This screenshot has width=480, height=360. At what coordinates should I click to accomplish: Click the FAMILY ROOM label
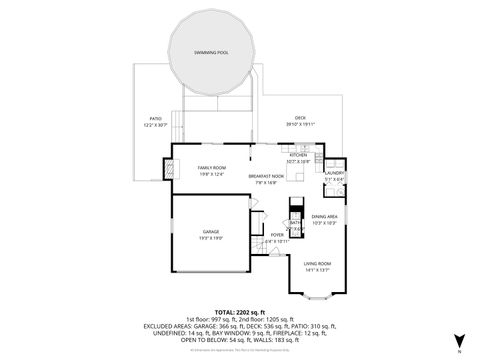coord(210,167)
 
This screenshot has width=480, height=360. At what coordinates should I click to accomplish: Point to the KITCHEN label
coord(299,156)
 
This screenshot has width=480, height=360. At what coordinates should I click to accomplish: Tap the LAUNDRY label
coord(334,173)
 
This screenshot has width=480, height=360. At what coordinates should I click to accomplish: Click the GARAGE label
coord(210,231)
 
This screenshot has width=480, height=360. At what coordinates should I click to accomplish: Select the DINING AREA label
coord(324,216)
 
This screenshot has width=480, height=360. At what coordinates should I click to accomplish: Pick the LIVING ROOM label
coord(317,263)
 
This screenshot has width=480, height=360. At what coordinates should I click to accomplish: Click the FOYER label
coord(277,235)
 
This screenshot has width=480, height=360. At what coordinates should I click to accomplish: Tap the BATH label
coord(295,222)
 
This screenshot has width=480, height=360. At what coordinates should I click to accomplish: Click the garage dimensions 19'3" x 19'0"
coord(210,238)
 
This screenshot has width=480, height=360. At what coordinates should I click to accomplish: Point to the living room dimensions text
coord(317,270)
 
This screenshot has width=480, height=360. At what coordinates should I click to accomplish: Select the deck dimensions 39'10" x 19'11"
coord(300,125)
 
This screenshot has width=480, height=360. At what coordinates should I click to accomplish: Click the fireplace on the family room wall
coord(172,170)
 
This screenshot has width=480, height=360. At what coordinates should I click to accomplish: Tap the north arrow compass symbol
coord(458,340)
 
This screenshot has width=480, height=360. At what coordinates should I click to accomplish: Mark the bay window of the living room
coord(317,297)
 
